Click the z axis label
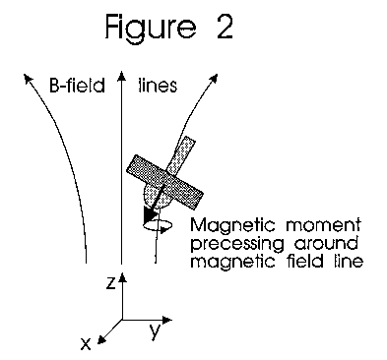(x=114, y=281)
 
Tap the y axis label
(x=156, y=331)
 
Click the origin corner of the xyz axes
(x=121, y=321)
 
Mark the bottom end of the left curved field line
(x=88, y=263)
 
